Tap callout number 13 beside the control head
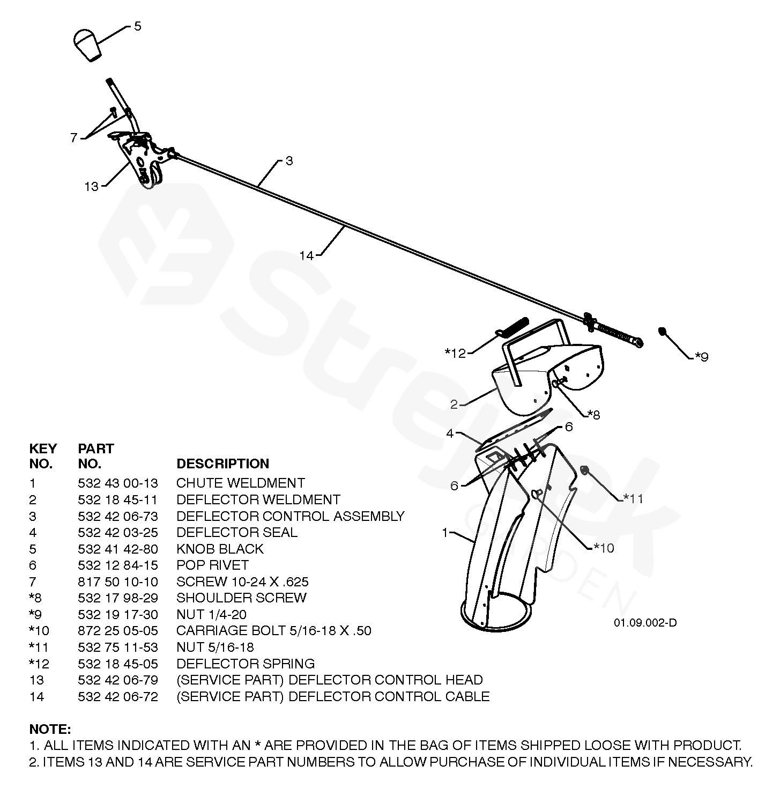(x=92, y=187)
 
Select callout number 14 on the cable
(x=307, y=255)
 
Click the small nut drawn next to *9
(x=663, y=331)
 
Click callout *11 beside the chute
(x=633, y=498)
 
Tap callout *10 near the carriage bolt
(x=604, y=548)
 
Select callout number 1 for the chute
(x=444, y=533)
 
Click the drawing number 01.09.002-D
(x=645, y=623)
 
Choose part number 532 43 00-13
(x=117, y=483)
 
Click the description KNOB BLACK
(x=220, y=549)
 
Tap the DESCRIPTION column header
(x=222, y=463)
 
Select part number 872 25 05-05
(x=117, y=630)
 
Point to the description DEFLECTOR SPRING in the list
(x=245, y=664)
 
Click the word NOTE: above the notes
(x=50, y=729)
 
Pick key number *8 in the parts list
(x=35, y=598)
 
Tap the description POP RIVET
(x=212, y=565)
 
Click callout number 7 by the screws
(x=74, y=138)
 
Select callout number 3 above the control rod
(x=289, y=161)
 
